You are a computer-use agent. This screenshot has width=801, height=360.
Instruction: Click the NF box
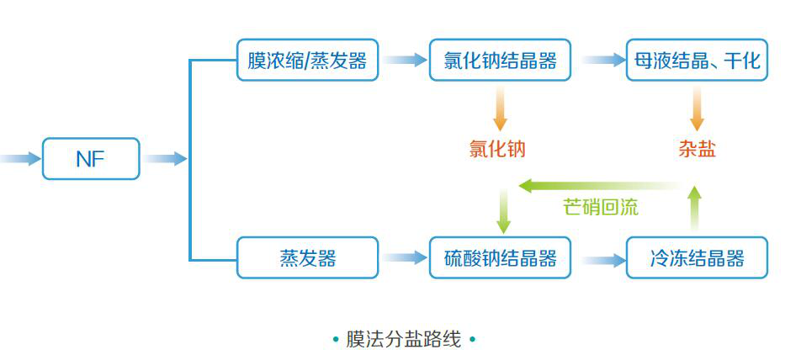tap(91, 159)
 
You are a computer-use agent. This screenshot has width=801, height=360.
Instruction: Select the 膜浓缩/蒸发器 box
tap(307, 61)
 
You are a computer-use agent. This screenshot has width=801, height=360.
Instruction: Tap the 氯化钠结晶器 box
tap(500, 61)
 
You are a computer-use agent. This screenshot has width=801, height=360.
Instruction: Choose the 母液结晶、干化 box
tap(697, 61)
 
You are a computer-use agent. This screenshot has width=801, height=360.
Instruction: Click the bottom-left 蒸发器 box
tap(307, 257)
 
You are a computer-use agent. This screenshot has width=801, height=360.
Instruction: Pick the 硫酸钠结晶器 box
tap(500, 257)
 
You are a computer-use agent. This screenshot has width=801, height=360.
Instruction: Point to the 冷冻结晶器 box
tap(697, 257)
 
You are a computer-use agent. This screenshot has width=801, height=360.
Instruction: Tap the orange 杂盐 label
tap(697, 150)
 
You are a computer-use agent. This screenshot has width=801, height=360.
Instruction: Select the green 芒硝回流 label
tap(600, 207)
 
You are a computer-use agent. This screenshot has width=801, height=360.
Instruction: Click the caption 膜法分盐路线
tap(404, 340)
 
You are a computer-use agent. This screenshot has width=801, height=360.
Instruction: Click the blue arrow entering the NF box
tap(21, 159)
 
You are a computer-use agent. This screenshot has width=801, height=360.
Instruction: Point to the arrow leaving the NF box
tap(165, 159)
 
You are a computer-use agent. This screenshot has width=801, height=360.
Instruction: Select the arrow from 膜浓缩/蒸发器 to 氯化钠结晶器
tap(405, 61)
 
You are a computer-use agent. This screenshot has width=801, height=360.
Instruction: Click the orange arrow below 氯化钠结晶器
tap(500, 109)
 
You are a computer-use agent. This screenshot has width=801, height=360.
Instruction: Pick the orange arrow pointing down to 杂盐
tap(697, 109)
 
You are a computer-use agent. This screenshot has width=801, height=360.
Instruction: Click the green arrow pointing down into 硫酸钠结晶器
tap(503, 212)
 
